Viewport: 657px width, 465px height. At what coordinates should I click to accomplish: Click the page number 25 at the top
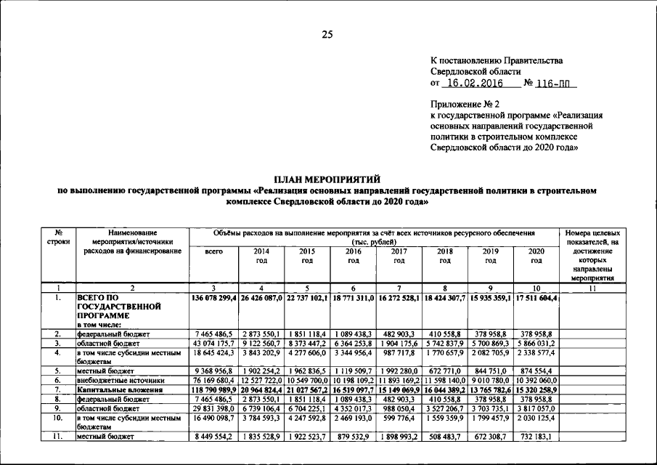[x=328, y=34]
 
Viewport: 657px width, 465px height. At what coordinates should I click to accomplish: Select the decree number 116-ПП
[x=555, y=84]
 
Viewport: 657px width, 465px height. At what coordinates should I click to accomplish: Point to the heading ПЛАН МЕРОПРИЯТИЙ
[x=328, y=179]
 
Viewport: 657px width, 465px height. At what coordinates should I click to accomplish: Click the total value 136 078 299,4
[x=213, y=298]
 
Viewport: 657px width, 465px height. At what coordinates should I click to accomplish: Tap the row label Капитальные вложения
[x=120, y=390]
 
